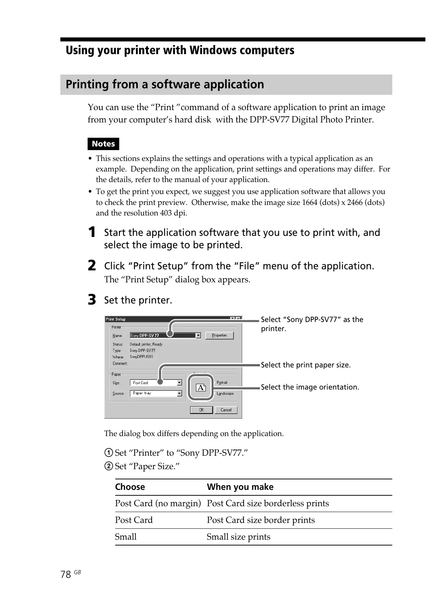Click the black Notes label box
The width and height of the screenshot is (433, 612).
coord(103,144)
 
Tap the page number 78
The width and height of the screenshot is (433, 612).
coord(66,574)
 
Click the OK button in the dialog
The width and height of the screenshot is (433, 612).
coord(201,410)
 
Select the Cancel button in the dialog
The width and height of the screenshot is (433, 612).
coord(226,410)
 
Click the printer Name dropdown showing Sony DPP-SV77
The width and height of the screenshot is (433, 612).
coord(165,336)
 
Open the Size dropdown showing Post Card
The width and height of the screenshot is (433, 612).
coord(156,383)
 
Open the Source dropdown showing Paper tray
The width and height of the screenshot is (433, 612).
coord(156,393)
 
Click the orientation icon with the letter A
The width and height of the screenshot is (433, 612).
coord(201,388)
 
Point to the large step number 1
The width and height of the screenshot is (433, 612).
coord(92,232)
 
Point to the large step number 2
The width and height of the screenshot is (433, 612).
coord(92,265)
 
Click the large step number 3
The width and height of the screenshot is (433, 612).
coord(92,300)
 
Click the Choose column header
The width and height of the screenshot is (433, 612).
coord(130,487)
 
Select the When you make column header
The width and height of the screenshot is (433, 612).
coord(240,487)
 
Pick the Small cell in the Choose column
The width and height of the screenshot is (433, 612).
coord(126,537)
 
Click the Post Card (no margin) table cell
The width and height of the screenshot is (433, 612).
coord(158,503)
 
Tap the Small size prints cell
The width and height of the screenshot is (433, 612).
coord(238,537)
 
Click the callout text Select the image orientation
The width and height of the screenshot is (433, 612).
coord(310,387)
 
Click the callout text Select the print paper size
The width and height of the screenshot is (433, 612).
coord(306,365)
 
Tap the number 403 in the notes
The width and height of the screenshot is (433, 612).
coord(166,213)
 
